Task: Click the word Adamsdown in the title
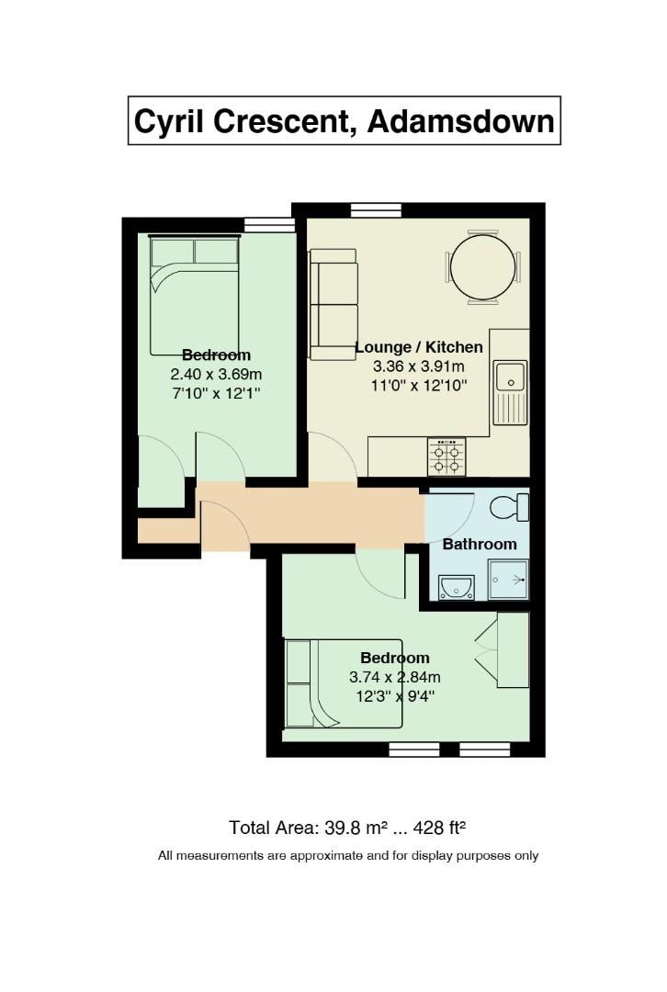tap(460, 120)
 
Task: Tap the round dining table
tap(483, 267)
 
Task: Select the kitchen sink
tap(510, 392)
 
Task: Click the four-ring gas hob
tap(447, 457)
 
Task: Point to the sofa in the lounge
tap(333, 304)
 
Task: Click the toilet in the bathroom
tap(510, 507)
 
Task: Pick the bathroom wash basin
tap(457, 587)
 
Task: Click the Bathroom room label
tap(480, 544)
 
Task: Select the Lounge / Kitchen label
tap(418, 346)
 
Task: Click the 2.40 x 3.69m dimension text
tap(216, 374)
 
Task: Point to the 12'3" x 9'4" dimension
tap(395, 696)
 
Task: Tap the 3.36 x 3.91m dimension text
tap(418, 366)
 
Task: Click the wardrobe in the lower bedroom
tap(513, 649)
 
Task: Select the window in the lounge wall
tap(376, 210)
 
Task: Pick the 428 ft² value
tap(440, 828)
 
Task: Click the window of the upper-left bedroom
tap(269, 225)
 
